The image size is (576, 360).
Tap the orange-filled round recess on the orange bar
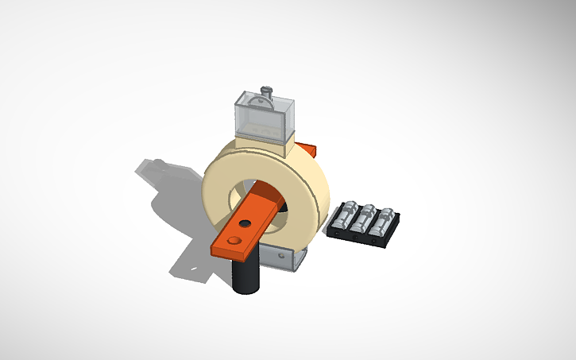[233, 238]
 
